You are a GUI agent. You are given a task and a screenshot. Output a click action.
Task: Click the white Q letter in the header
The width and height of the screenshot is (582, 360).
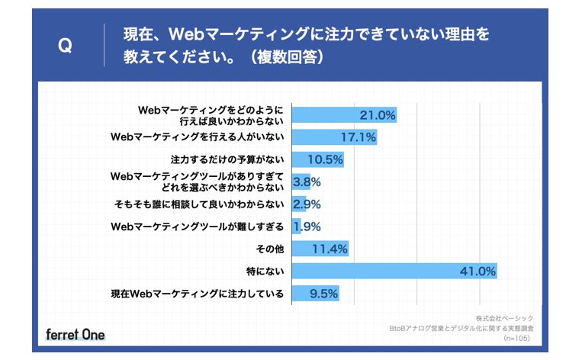tap(66, 46)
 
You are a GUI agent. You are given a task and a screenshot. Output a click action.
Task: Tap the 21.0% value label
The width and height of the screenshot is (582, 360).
tap(377, 115)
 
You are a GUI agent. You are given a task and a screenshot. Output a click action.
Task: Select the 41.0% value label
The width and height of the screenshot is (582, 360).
tap(478, 271)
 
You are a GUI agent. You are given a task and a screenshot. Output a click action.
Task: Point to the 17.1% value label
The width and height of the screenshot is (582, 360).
tap(358, 137)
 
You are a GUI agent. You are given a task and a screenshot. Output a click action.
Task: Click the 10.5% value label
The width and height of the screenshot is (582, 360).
tap(325, 159)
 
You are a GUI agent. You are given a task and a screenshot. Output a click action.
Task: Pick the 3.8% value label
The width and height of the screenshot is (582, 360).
tap(307, 182)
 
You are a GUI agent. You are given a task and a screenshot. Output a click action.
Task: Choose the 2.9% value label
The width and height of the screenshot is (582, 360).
tap(307, 204)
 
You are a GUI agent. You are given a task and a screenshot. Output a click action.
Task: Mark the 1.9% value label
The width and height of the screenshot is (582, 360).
tap(307, 227)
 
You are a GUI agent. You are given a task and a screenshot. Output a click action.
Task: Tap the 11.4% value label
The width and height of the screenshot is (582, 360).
tap(330, 249)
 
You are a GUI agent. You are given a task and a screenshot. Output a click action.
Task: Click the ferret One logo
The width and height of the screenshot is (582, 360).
tap(76, 334)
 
